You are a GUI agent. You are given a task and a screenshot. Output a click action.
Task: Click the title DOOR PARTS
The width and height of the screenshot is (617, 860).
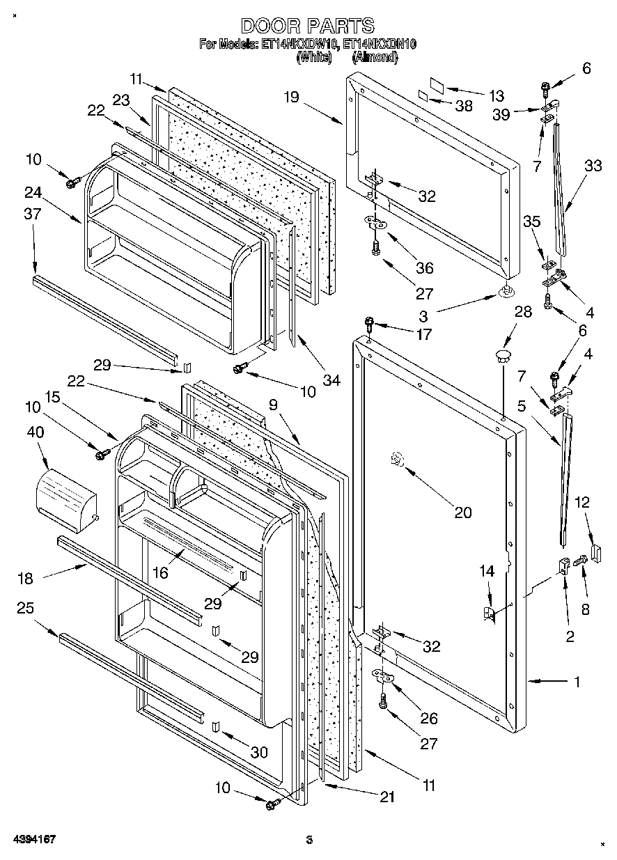click(308, 26)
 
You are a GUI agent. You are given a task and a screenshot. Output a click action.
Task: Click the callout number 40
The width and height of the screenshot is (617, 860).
click(36, 432)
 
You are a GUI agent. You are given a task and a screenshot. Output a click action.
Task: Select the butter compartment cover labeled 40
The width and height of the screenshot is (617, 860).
click(65, 494)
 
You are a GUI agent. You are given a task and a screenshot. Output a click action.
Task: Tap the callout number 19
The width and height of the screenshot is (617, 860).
click(291, 97)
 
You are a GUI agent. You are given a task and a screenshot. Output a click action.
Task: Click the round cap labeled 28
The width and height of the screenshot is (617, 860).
click(501, 357)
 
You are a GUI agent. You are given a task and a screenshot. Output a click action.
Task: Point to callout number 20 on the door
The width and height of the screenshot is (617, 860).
click(462, 513)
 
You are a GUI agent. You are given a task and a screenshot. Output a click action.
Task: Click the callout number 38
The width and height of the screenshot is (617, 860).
click(464, 107)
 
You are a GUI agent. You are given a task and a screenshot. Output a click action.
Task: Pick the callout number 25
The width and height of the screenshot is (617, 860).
click(26, 607)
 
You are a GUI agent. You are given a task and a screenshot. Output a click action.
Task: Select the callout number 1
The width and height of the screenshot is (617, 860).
click(577, 682)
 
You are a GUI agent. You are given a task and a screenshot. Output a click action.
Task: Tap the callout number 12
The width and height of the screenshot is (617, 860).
click(581, 501)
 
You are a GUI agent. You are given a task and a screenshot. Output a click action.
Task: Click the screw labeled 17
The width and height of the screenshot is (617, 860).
click(370, 324)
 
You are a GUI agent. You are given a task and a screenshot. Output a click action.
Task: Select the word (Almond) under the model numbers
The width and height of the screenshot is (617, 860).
click(375, 58)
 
